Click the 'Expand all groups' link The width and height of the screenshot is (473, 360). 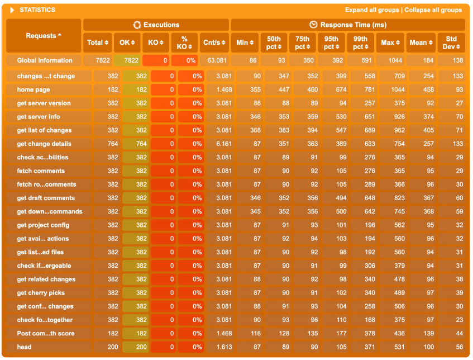pyautogui.click(x=371, y=10)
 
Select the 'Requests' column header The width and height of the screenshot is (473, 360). pyautogui.click(x=44, y=36)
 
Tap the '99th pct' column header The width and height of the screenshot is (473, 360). pyautogui.click(x=360, y=42)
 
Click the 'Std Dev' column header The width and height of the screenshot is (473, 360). pyautogui.click(x=450, y=42)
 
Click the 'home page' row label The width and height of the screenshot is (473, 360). pyautogui.click(x=33, y=89)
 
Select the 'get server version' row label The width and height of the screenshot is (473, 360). pyautogui.click(x=44, y=103)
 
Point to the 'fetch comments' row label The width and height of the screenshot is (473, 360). pyautogui.click(x=40, y=171)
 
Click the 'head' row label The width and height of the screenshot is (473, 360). pyautogui.click(x=24, y=347)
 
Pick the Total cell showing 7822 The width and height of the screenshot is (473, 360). pyautogui.click(x=97, y=60)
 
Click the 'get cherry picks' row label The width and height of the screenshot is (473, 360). pyautogui.click(x=41, y=293)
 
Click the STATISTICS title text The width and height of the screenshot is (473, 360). pyautogui.click(x=37, y=10)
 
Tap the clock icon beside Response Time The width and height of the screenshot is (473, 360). pyautogui.click(x=313, y=25)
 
